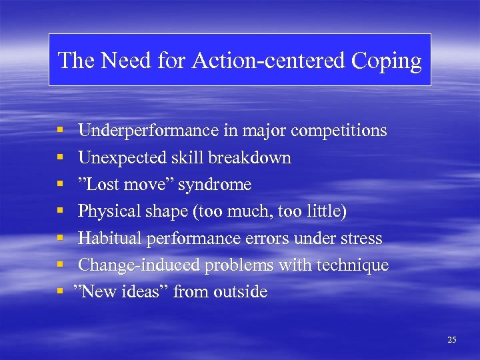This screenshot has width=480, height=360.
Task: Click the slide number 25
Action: pyautogui.click(x=452, y=340)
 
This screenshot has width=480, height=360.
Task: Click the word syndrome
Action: pyautogui.click(x=214, y=185)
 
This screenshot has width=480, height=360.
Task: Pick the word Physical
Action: pyautogui.click(x=104, y=211)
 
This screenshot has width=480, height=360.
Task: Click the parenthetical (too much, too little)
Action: pyautogui.click(x=269, y=212)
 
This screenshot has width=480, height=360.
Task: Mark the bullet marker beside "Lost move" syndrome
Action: pyautogui.click(x=60, y=185)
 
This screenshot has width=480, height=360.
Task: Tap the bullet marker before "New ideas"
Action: pyautogui.click(x=60, y=292)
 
